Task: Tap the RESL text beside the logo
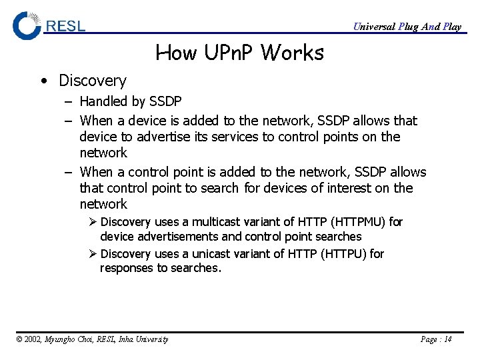(x=65, y=27)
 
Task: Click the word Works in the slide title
(x=292, y=53)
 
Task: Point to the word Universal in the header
(x=373, y=27)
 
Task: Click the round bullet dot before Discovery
(x=43, y=81)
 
